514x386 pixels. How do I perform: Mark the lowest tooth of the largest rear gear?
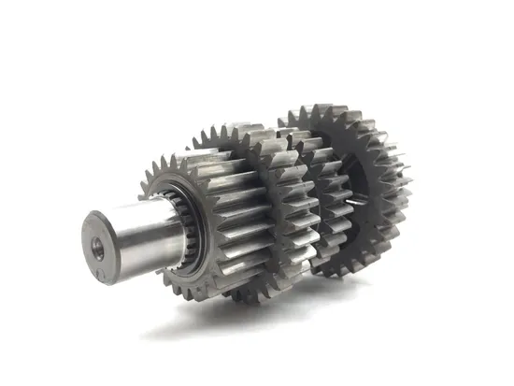332,273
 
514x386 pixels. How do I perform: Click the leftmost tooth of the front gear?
142,196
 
